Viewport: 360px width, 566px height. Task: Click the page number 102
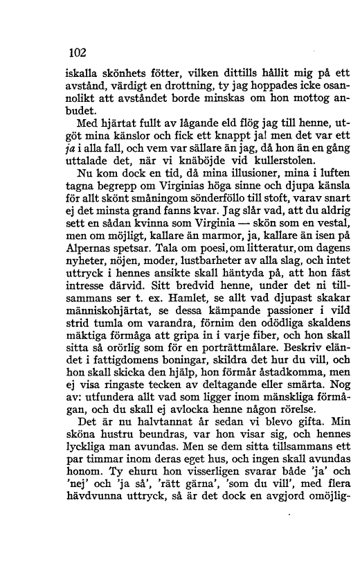pos(76,52)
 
